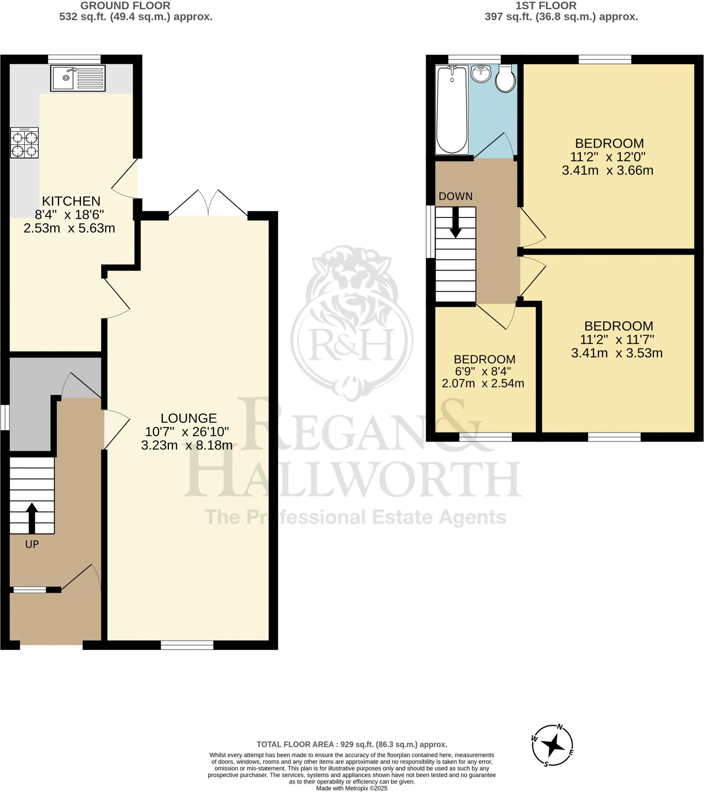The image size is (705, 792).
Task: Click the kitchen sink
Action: click(x=78, y=78)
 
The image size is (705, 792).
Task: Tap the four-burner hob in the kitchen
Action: click(x=24, y=143)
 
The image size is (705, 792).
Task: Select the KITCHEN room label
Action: click(x=71, y=201)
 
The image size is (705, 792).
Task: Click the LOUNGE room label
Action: click(x=189, y=418)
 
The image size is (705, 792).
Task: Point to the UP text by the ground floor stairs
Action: click(x=32, y=544)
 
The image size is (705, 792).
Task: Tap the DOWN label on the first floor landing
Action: click(x=456, y=196)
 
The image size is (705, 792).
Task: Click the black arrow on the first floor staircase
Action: click(x=456, y=222)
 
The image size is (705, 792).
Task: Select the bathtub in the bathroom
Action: click(x=452, y=110)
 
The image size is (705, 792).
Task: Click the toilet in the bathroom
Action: click(x=506, y=79)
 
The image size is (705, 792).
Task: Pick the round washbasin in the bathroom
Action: click(x=481, y=73)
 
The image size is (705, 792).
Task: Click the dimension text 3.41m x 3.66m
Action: click(x=607, y=171)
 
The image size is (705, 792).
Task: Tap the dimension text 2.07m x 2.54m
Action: click(x=483, y=384)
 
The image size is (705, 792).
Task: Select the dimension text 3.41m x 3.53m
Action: click(x=616, y=353)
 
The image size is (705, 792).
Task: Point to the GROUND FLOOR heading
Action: click(x=125, y=6)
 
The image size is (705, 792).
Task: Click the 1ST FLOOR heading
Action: click(x=546, y=6)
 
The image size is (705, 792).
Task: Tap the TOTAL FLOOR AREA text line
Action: click(x=352, y=744)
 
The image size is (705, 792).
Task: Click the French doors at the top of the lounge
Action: click(x=208, y=203)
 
